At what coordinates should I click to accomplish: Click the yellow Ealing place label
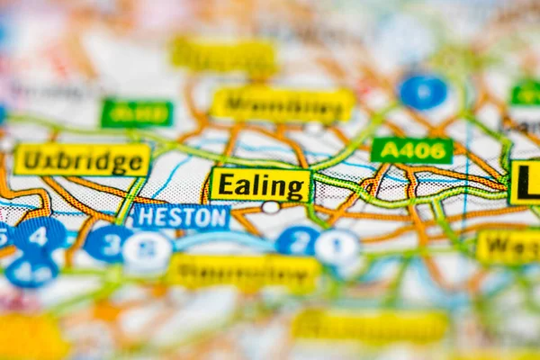coord(261,185)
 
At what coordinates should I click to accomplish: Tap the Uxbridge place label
coord(82,160)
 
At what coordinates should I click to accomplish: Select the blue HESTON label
coord(180,217)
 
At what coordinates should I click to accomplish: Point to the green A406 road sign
coord(411,150)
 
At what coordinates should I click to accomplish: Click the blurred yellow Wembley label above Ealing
coord(283,104)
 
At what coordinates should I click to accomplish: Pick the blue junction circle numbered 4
coord(39,235)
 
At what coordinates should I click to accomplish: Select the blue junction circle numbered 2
coord(297,241)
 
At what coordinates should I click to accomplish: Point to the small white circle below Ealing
coord(270,208)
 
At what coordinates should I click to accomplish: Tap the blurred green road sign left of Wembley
coord(137,113)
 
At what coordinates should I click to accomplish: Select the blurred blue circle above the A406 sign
coord(422,92)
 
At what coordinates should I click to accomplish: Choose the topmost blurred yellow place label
coord(224,56)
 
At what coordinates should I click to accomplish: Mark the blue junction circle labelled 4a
coord(31,269)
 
